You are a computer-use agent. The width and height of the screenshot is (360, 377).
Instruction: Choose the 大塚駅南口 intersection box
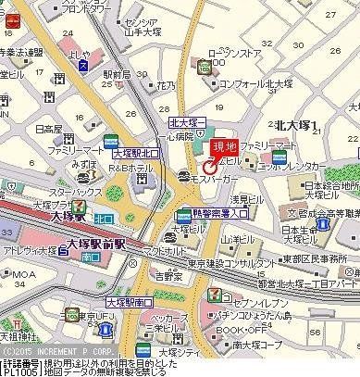pyautogui.click(x=128, y=302)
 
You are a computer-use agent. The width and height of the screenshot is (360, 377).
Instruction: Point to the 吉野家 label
pyautogui.click(x=167, y=275)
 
